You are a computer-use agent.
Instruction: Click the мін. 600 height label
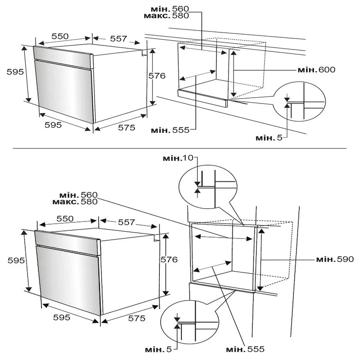[x=316, y=70]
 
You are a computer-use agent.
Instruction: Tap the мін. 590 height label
[x=335, y=259]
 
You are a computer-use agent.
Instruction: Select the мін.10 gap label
[x=178, y=158]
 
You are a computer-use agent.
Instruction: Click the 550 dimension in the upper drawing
[x=60, y=36]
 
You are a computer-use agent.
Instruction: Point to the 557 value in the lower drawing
[x=126, y=222]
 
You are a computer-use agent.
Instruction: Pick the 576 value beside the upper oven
[x=157, y=76]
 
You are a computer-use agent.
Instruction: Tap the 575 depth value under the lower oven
[x=137, y=318]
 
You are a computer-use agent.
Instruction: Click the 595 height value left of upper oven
[x=15, y=72]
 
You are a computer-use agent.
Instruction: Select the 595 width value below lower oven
[x=62, y=317]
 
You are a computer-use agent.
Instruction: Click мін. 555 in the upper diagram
[x=170, y=130]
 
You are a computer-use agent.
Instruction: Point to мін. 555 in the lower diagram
[x=245, y=349]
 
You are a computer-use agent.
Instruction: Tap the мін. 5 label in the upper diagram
[x=269, y=138]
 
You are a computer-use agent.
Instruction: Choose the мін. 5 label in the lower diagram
[x=158, y=350]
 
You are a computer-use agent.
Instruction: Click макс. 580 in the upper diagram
[x=166, y=16]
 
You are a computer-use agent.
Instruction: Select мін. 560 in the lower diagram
[x=78, y=195]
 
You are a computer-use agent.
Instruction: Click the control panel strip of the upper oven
[x=63, y=57]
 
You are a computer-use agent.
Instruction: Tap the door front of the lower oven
[x=69, y=280]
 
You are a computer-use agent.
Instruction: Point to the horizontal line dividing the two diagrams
[x=180, y=148]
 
